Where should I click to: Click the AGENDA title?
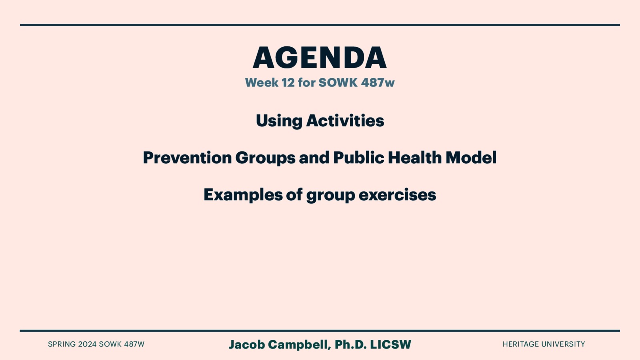pos(320,58)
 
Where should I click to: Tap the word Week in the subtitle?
pos(262,83)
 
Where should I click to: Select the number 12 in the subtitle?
pos(288,83)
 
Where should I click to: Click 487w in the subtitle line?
pos(378,83)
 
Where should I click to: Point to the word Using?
pos(279,121)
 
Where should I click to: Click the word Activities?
pos(345,121)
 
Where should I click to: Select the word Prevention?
pos(187,158)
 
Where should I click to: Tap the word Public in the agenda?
pos(358,158)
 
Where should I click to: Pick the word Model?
pos(471,158)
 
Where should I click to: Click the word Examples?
pos(243,195)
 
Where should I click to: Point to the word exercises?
pos(397,195)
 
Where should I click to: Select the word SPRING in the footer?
pos(62,344)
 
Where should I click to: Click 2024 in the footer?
pos(87,344)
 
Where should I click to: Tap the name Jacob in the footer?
pos(246,344)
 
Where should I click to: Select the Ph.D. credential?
pos(350,344)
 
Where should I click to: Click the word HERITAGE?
pos(520,344)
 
